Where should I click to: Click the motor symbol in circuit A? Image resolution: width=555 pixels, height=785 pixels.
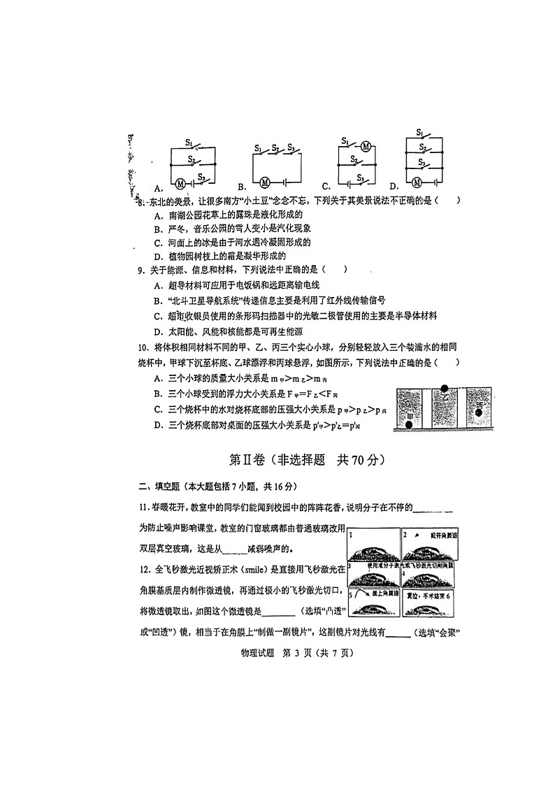(180, 183)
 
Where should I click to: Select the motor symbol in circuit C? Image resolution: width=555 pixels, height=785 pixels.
(366, 147)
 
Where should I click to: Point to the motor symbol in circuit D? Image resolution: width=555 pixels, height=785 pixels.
(417, 183)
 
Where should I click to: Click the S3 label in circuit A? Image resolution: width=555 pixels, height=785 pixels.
(201, 176)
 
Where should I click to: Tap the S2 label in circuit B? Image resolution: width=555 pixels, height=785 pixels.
(275, 149)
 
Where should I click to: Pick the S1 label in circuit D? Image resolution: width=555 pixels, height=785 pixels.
(419, 132)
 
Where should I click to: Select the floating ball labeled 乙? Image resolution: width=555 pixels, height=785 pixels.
(445, 389)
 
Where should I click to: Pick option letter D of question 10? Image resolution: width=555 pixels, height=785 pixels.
(158, 426)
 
